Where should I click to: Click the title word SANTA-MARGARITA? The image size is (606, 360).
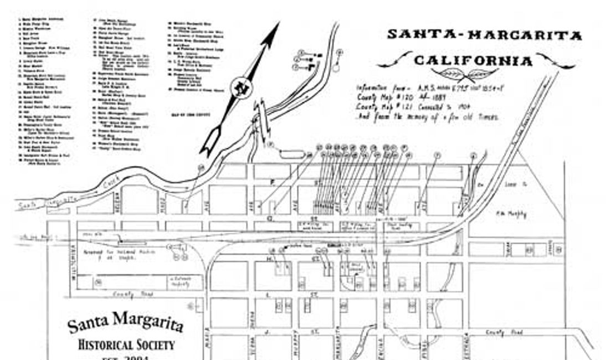(484, 35)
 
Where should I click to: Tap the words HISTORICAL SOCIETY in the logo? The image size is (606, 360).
(126, 344)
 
